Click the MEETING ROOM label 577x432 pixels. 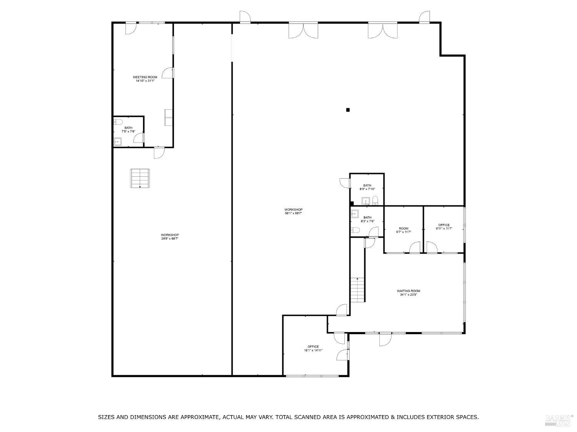click(x=145, y=77)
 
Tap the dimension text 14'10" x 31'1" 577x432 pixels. click(x=145, y=81)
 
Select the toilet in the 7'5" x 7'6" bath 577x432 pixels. click(x=118, y=122)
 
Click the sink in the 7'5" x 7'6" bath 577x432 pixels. click(x=117, y=142)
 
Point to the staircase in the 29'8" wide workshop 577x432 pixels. click(x=140, y=178)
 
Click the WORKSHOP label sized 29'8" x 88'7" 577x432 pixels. click(x=170, y=235)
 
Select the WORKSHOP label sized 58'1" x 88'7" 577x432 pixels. click(x=294, y=210)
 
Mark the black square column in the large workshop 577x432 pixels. click(x=348, y=110)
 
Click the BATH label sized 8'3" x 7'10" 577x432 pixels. click(x=367, y=185)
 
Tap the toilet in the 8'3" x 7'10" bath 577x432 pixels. click(x=375, y=200)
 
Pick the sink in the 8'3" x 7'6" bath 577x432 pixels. click(x=355, y=214)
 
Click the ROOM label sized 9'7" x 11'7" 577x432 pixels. click(x=404, y=228)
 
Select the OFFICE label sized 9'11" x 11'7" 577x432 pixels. click(x=444, y=225)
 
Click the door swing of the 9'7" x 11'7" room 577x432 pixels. click(x=415, y=248)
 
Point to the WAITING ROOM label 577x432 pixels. click(x=409, y=291)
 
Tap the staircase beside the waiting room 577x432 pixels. click(x=357, y=290)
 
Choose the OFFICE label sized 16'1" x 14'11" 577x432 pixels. click(x=313, y=347)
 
